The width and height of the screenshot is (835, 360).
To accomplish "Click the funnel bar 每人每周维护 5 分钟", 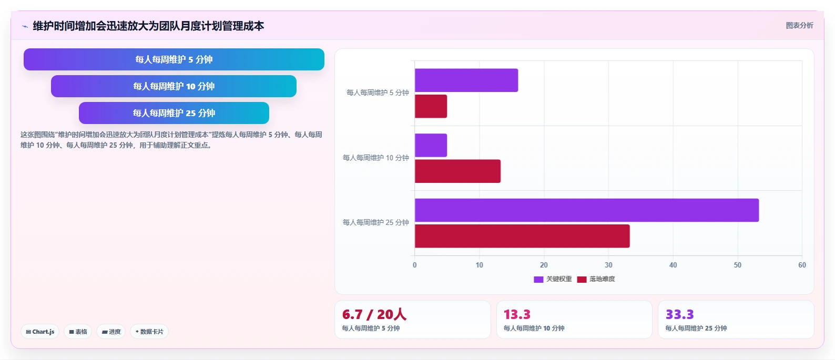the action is pyautogui.click(x=174, y=59).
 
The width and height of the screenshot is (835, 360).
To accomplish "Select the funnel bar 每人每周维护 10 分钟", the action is pyautogui.click(x=174, y=86).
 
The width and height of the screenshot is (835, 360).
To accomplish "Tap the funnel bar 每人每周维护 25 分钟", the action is pyautogui.click(x=174, y=113).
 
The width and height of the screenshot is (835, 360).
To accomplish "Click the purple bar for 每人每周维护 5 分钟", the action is pyautogui.click(x=466, y=80).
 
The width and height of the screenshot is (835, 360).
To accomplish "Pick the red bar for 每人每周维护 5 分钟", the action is pyautogui.click(x=431, y=106).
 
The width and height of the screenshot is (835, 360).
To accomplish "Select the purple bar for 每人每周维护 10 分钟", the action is pyautogui.click(x=431, y=146).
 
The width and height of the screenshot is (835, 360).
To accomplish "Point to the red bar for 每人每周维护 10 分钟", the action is pyautogui.click(x=458, y=171).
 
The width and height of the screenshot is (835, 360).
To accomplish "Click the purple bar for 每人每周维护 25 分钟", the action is pyautogui.click(x=587, y=210).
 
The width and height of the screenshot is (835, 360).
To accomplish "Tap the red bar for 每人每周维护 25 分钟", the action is pyautogui.click(x=522, y=236).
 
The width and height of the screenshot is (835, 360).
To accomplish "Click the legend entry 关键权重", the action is pyautogui.click(x=553, y=279).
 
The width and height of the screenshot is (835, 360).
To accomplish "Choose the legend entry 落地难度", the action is pyautogui.click(x=596, y=279).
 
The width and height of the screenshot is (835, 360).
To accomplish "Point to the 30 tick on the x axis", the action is pyautogui.click(x=608, y=265).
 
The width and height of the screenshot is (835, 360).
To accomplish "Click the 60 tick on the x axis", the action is pyautogui.click(x=802, y=265).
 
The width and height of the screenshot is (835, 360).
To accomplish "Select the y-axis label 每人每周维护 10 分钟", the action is pyautogui.click(x=376, y=158).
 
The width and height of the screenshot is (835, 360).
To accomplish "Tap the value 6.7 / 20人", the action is pyautogui.click(x=374, y=314).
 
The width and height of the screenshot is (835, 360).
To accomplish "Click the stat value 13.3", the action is pyautogui.click(x=517, y=314).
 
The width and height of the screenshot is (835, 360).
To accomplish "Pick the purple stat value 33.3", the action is pyautogui.click(x=679, y=314).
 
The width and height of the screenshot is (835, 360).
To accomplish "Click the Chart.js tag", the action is pyautogui.click(x=40, y=332).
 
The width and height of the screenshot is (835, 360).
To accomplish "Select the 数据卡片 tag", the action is pyautogui.click(x=149, y=332).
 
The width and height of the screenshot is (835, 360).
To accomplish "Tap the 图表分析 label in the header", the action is pyautogui.click(x=800, y=25).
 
